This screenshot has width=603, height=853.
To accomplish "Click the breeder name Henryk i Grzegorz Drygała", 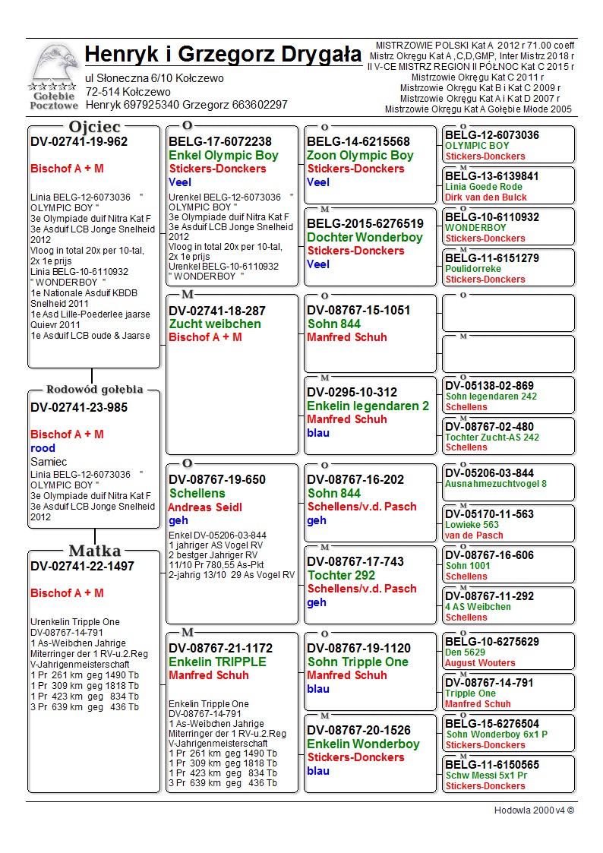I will click(x=223, y=55).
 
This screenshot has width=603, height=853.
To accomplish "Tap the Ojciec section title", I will click(x=94, y=126).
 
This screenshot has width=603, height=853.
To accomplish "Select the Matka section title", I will click(x=94, y=551).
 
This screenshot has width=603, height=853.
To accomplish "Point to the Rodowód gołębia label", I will click(x=94, y=390).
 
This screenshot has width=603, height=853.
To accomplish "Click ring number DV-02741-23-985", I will click(x=79, y=407).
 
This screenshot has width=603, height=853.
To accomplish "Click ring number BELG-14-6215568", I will click(x=358, y=142).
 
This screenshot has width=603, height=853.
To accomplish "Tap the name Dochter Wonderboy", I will click(x=365, y=237).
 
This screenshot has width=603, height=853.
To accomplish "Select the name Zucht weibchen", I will click(x=215, y=324).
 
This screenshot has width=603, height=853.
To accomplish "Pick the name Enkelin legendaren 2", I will click(x=368, y=406).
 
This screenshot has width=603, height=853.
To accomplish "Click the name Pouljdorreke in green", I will click(x=472, y=269).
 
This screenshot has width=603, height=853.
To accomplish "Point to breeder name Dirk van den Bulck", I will click(x=486, y=197).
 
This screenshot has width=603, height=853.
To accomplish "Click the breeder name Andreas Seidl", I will click(x=204, y=507).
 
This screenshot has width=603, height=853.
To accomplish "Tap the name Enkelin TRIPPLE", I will click(x=217, y=662).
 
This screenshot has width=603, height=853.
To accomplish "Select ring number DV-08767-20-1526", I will click(x=358, y=731).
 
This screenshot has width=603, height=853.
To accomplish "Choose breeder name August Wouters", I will click(x=480, y=663).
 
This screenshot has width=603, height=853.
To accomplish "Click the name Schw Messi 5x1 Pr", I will click(x=486, y=776).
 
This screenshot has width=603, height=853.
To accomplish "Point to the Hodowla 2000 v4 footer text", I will click(x=534, y=810).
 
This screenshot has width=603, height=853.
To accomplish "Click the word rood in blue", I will click(x=43, y=448).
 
